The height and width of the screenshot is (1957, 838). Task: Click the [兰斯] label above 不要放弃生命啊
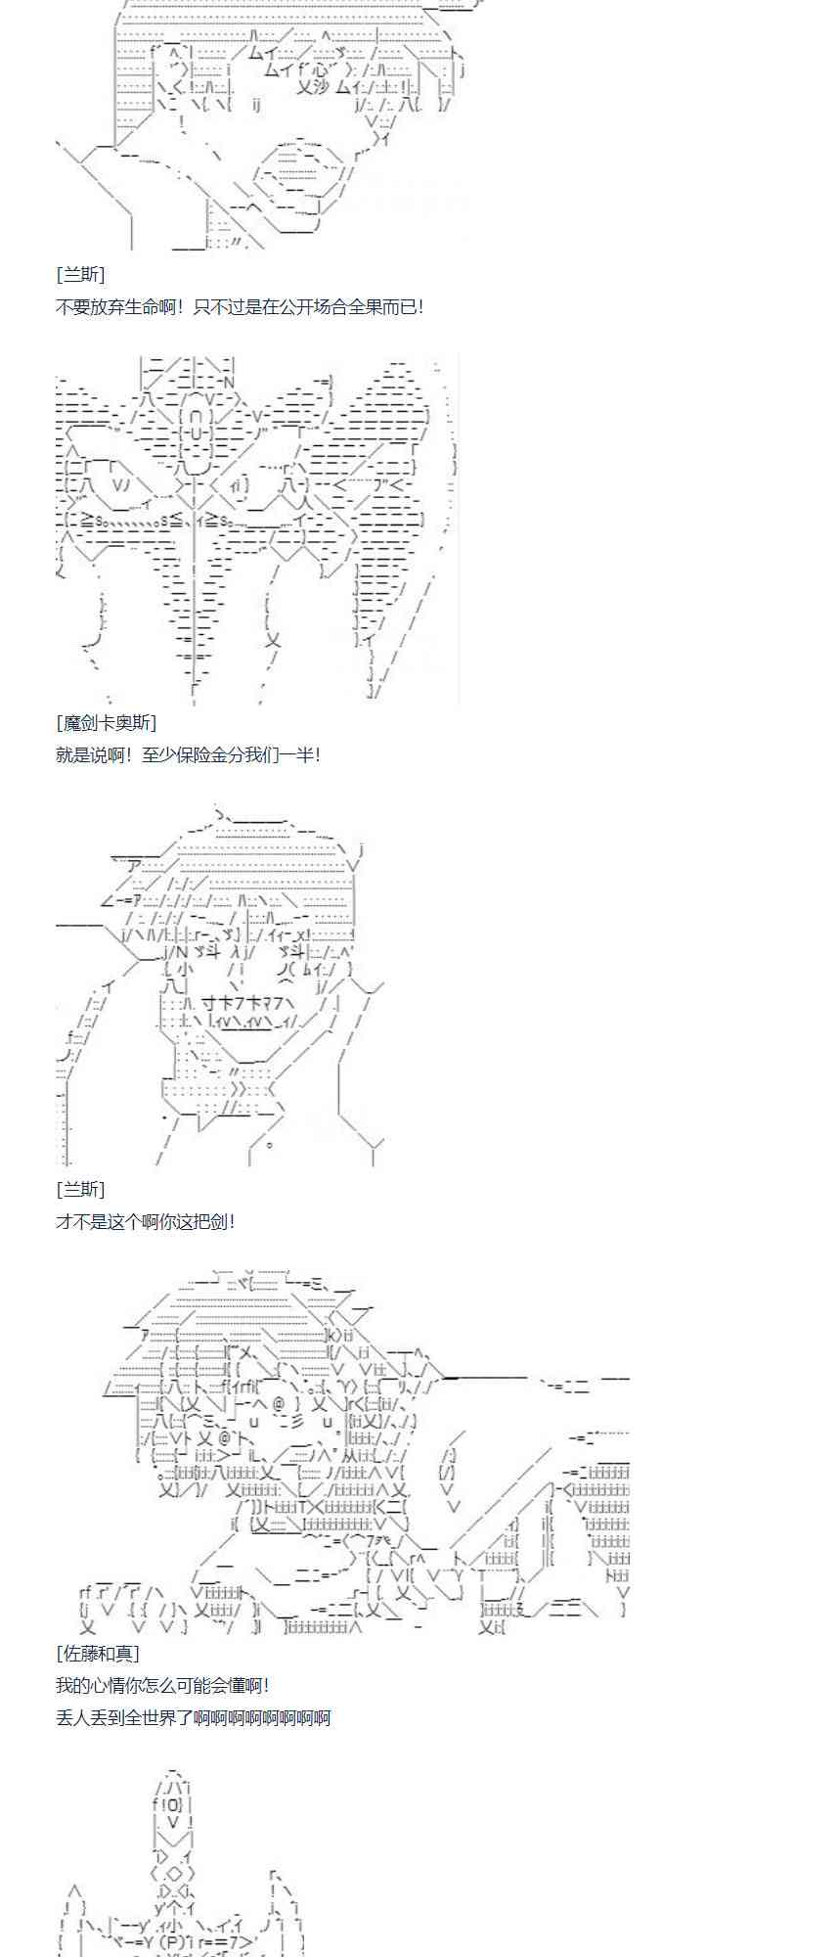click(x=80, y=274)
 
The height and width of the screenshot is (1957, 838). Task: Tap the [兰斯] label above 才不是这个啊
click(x=80, y=1189)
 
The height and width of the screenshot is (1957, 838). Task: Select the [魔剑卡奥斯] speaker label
click(x=106, y=722)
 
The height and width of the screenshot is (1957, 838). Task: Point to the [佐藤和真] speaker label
click(x=97, y=1653)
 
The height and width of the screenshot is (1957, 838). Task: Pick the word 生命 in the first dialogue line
click(x=152, y=306)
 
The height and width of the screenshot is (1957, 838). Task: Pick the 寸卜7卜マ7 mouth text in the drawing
click(x=242, y=1002)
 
